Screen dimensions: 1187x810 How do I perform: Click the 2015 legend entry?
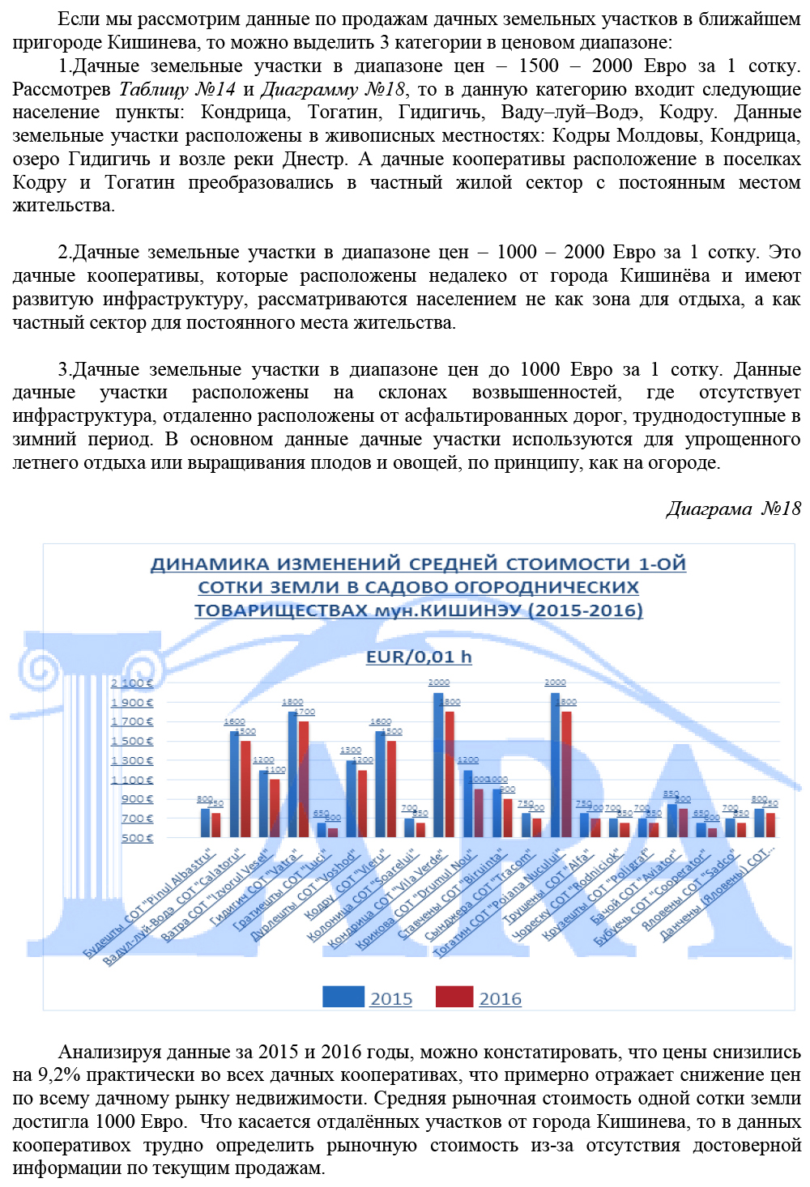(x=390, y=998)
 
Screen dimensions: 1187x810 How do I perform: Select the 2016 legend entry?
(x=500, y=998)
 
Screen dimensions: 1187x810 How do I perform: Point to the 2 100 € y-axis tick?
(x=132, y=683)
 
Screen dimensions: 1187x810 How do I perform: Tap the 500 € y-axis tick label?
(x=137, y=837)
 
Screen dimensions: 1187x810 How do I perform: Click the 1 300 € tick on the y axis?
(x=132, y=760)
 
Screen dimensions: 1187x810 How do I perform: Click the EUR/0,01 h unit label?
(x=419, y=657)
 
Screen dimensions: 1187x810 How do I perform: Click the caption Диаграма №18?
(x=733, y=508)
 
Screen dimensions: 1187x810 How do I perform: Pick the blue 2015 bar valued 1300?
(x=352, y=798)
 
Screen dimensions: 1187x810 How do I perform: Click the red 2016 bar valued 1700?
(x=304, y=779)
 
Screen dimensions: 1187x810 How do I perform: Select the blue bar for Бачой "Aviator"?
(x=671, y=819)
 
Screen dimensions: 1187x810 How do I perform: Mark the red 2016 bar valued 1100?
(x=275, y=807)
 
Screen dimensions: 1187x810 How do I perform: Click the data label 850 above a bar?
(x=671, y=794)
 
